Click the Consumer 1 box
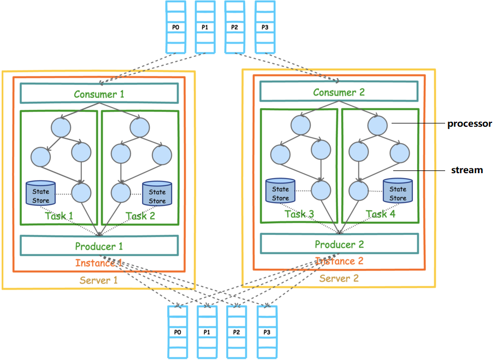click(x=99, y=93)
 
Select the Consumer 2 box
click(x=339, y=92)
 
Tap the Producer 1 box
click(x=99, y=246)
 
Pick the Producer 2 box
click(x=339, y=244)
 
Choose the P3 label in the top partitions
click(x=265, y=27)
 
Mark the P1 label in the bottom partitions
click(x=206, y=332)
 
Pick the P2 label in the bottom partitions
click(x=236, y=332)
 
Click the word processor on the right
click(x=470, y=123)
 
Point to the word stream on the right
click(x=467, y=170)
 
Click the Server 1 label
click(x=99, y=280)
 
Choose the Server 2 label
click(x=339, y=279)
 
